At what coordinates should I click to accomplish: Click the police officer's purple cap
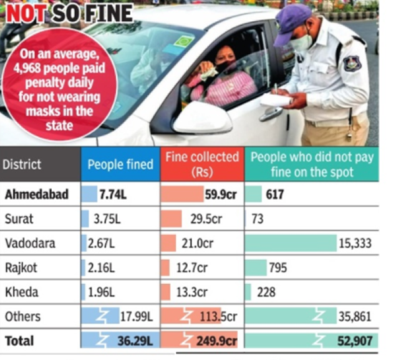(291, 22)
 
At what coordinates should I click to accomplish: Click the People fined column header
(120, 164)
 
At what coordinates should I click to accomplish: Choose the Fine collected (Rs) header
(201, 164)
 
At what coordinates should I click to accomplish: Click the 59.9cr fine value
(219, 195)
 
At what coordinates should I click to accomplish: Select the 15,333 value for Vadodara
(355, 244)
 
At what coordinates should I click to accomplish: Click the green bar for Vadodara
(290, 244)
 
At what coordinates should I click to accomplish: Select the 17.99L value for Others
(137, 316)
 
